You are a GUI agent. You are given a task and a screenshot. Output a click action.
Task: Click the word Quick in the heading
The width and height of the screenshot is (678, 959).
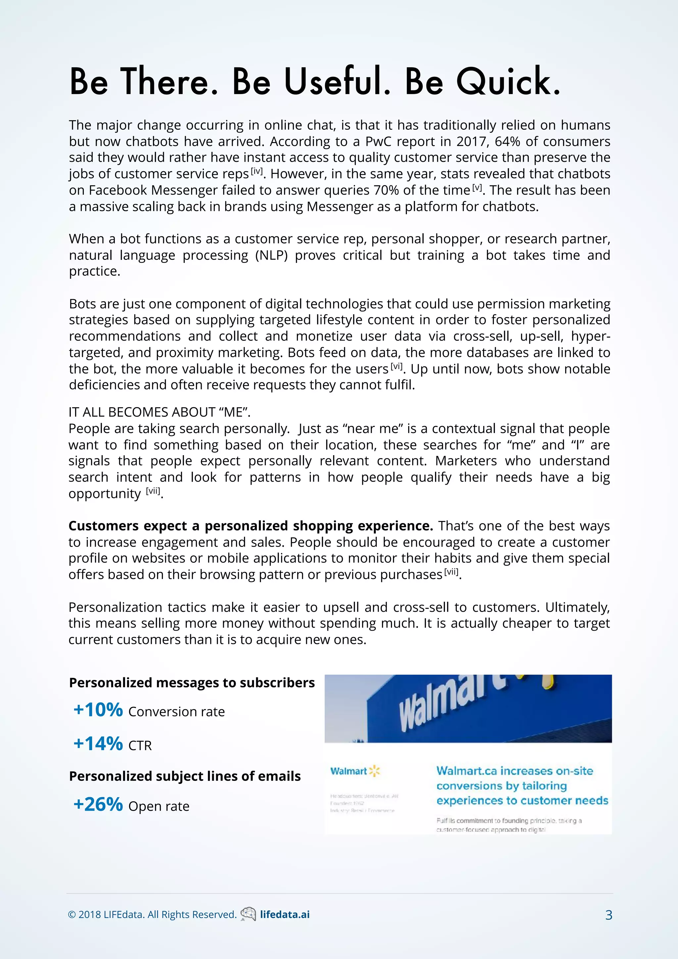point(507,82)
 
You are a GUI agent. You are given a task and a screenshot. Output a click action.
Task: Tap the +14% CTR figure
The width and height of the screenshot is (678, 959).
point(98,743)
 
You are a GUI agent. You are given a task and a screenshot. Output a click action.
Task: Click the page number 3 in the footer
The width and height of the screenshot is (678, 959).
point(609,915)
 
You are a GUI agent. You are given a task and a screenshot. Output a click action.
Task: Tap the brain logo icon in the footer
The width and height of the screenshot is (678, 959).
point(248,914)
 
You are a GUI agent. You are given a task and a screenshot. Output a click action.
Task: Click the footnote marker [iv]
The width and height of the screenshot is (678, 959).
point(257,171)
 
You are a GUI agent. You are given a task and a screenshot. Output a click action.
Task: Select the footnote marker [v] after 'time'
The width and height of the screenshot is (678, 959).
point(477,188)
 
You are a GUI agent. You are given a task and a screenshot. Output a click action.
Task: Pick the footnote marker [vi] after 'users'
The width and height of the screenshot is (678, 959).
point(396,366)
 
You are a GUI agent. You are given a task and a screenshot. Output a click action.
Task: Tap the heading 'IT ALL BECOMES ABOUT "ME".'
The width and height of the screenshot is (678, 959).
point(159,412)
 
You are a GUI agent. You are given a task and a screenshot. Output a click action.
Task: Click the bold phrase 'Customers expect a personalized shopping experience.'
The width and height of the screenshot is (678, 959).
point(251,526)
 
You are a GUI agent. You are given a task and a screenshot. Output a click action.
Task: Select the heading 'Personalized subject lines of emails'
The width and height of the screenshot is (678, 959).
point(185,776)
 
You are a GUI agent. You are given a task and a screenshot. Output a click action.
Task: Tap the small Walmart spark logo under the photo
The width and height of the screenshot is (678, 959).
point(374,771)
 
